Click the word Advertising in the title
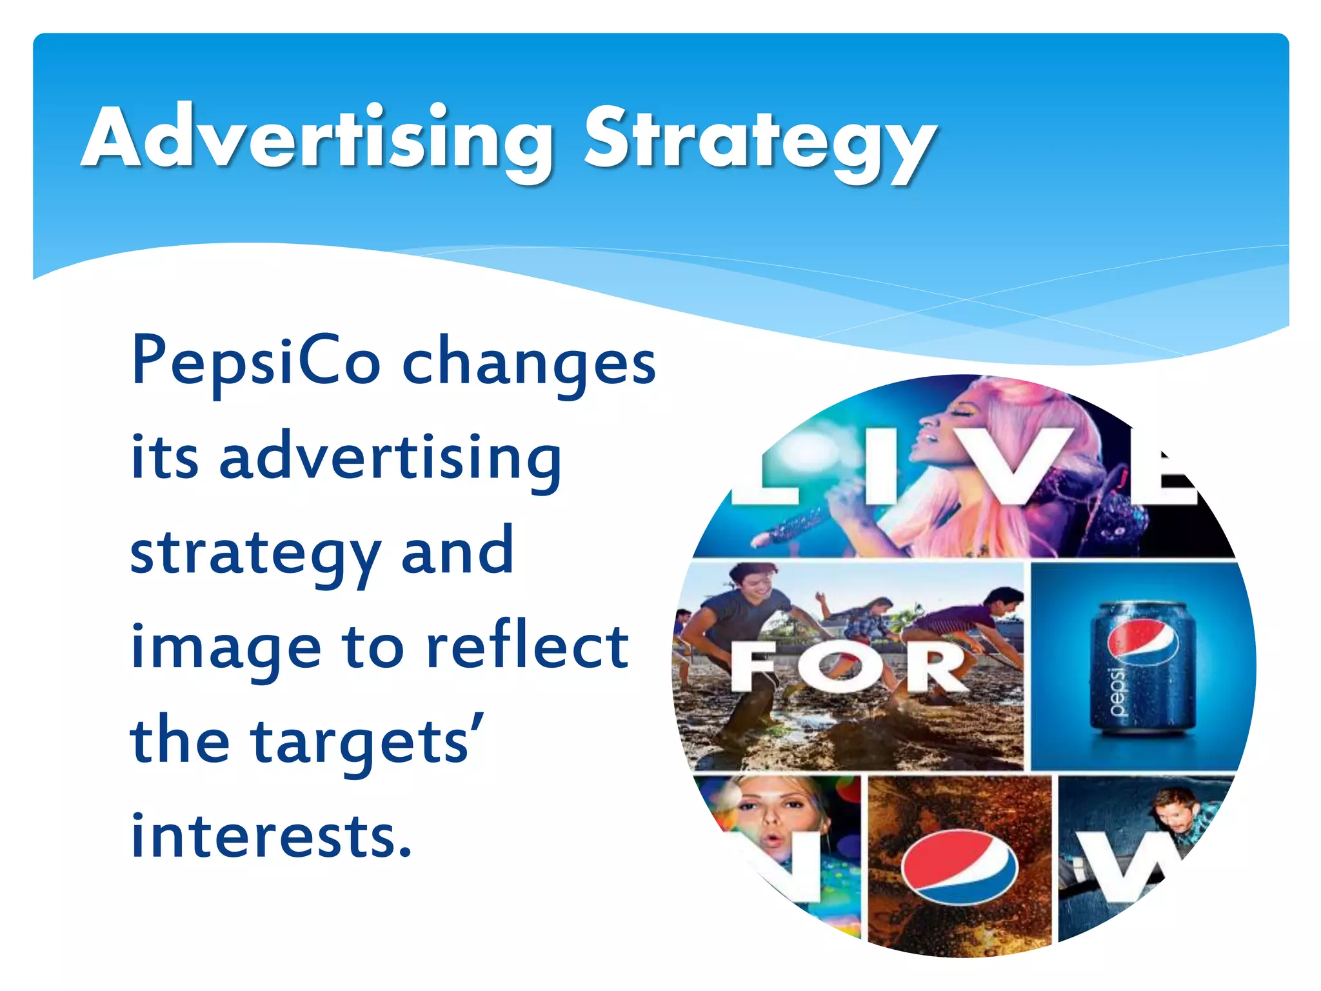tap(316, 139)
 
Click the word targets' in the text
tap(368, 742)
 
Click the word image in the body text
tap(226, 649)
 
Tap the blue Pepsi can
tap(1142, 668)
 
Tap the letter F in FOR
tap(755, 668)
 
